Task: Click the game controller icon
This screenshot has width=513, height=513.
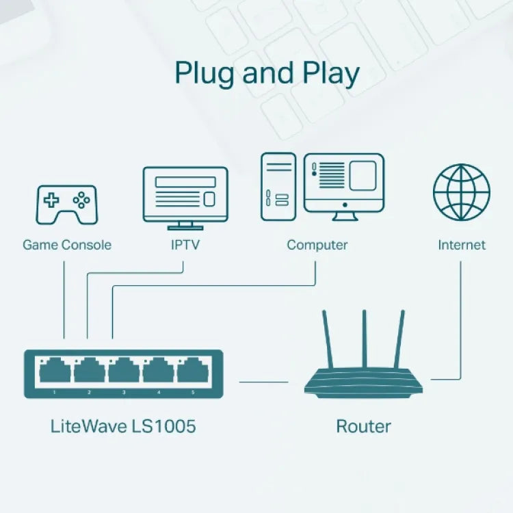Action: coord(66,204)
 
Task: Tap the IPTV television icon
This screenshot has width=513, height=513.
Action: coord(185,197)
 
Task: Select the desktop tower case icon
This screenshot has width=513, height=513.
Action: coord(278,186)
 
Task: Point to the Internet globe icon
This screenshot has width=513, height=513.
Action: coord(462,192)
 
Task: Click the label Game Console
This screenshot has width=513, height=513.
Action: coord(67,245)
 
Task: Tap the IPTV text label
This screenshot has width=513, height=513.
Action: coord(185,245)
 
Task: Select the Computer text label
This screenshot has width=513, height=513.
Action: coord(317,245)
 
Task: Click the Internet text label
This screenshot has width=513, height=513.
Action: coord(462,245)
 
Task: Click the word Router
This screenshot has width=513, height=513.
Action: coord(363,427)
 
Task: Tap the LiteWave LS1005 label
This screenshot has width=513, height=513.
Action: coord(123,427)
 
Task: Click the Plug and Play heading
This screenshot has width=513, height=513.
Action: coord(267,74)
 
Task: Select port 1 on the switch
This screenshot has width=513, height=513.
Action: coord(53,371)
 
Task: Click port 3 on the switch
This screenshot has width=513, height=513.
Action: coord(123,371)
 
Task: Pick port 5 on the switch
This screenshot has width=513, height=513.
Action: coord(192,371)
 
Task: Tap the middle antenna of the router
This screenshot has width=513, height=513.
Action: coord(365,339)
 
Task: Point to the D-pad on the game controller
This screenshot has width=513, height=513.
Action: coord(52,200)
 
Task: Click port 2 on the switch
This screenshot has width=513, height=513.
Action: coord(88,371)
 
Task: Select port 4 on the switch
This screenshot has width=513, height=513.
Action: coord(158,371)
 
